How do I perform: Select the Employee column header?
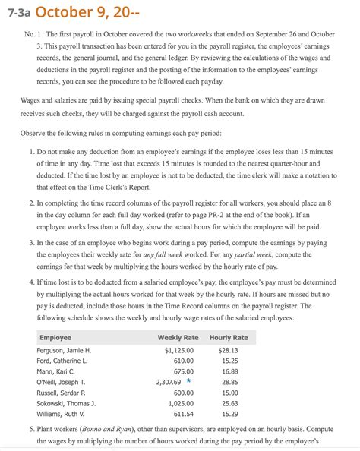[x=55, y=336]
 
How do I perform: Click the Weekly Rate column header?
[x=178, y=336]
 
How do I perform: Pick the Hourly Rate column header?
[x=229, y=336]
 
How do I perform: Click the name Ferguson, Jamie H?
[x=64, y=350]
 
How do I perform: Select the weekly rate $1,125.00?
[x=181, y=350]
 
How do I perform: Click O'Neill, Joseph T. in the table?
[x=62, y=383]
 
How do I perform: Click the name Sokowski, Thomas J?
[x=66, y=404]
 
